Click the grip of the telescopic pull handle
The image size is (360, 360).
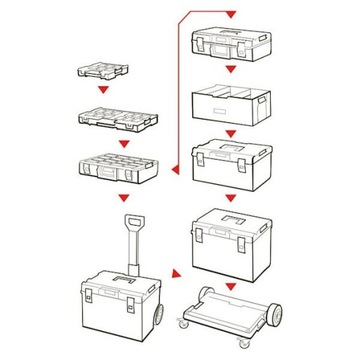click(130, 222)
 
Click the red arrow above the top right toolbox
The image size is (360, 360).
click(231, 14)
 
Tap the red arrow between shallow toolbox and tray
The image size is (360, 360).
click(231, 72)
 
